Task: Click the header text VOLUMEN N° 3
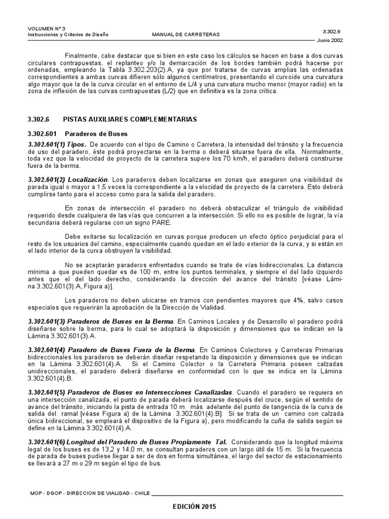point(44,28)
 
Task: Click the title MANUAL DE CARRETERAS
point(186,35)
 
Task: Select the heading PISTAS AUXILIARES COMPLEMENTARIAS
point(129,119)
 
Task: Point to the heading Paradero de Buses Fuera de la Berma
point(129,350)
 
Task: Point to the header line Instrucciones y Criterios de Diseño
point(68,35)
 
